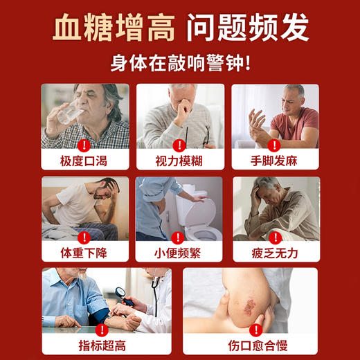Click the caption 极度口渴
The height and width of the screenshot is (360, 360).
[x=85, y=161]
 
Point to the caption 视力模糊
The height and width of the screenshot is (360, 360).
[x=179, y=161]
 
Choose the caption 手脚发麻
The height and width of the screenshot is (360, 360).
[x=275, y=161]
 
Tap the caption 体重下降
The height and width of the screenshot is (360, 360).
[x=85, y=252]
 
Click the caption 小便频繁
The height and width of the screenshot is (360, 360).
[x=179, y=252]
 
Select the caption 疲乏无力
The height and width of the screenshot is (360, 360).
[x=275, y=252]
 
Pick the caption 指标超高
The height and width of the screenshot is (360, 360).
[x=106, y=343]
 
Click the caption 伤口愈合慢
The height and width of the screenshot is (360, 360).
[x=250, y=343]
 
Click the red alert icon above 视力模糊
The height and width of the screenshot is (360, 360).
[x=179, y=145]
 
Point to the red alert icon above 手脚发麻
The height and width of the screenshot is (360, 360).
[x=275, y=145]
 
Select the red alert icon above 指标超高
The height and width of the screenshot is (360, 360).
[x=106, y=327]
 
